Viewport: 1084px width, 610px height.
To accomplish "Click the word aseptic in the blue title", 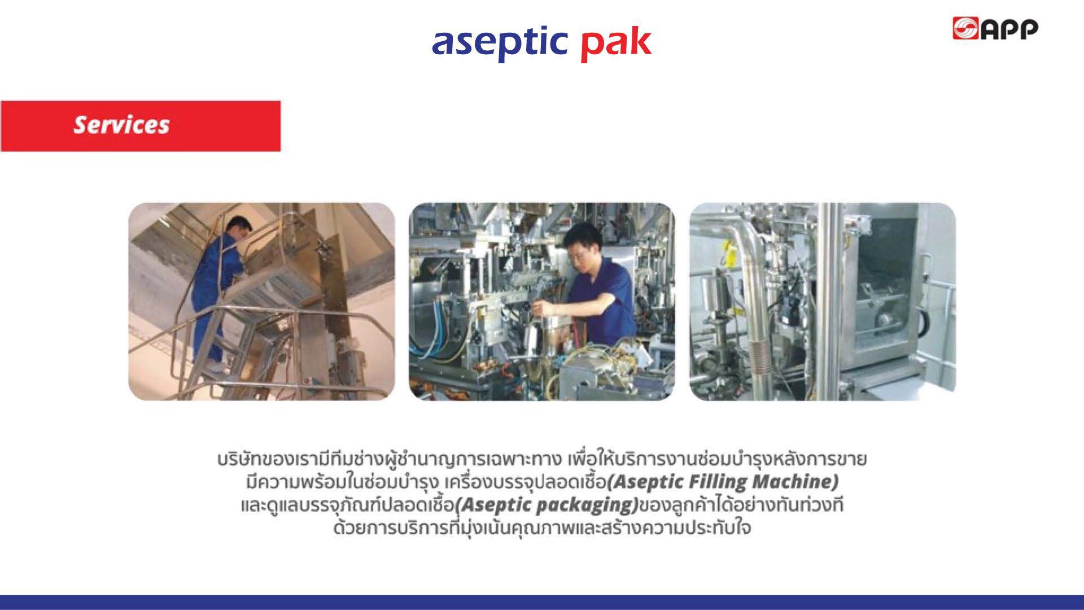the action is point(500,43).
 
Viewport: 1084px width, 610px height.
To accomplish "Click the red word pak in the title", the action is point(616,43).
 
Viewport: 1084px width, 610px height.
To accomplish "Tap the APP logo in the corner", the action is point(995,28).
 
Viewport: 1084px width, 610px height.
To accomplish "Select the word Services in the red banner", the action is point(121,125).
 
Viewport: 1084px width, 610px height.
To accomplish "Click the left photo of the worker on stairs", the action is point(261,302).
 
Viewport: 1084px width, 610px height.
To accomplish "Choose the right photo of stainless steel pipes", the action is point(823,302).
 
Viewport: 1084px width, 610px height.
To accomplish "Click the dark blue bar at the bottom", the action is point(542,602).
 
